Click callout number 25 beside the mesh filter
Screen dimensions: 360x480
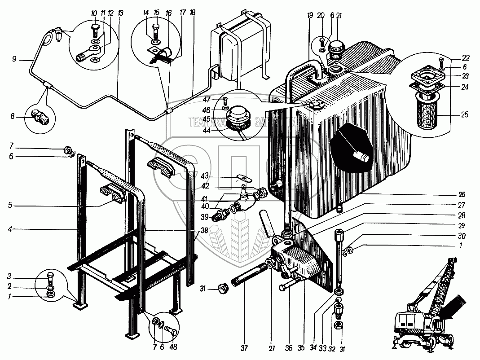click(463, 115)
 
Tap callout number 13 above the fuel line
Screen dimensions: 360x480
click(120, 13)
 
